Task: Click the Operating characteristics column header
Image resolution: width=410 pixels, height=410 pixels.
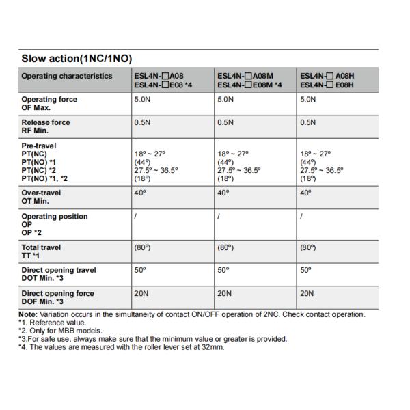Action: [x=66, y=76]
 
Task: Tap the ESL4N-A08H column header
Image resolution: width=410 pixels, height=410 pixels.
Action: [x=327, y=80]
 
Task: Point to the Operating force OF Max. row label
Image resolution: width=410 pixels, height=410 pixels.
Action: [x=49, y=103]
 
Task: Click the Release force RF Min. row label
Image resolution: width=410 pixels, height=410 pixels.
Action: [x=46, y=126]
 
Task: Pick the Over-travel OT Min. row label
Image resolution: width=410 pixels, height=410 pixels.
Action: [x=41, y=197]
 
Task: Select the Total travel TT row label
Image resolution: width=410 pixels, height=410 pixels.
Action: [x=41, y=251]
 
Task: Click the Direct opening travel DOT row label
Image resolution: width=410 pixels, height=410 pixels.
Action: [x=59, y=274]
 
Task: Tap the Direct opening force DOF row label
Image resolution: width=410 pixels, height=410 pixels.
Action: [x=57, y=297]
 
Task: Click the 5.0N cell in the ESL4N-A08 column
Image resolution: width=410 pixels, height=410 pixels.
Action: [x=143, y=100]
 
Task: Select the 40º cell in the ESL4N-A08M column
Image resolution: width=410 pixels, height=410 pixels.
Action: [x=223, y=193]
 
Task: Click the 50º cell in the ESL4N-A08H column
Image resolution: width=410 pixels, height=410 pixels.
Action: [x=306, y=271]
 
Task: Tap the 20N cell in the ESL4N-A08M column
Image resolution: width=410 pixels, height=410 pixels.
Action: [x=225, y=294]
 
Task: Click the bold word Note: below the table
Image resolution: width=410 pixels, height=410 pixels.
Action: [x=29, y=314]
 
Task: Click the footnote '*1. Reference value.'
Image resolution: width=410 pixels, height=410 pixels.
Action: [x=52, y=323]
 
